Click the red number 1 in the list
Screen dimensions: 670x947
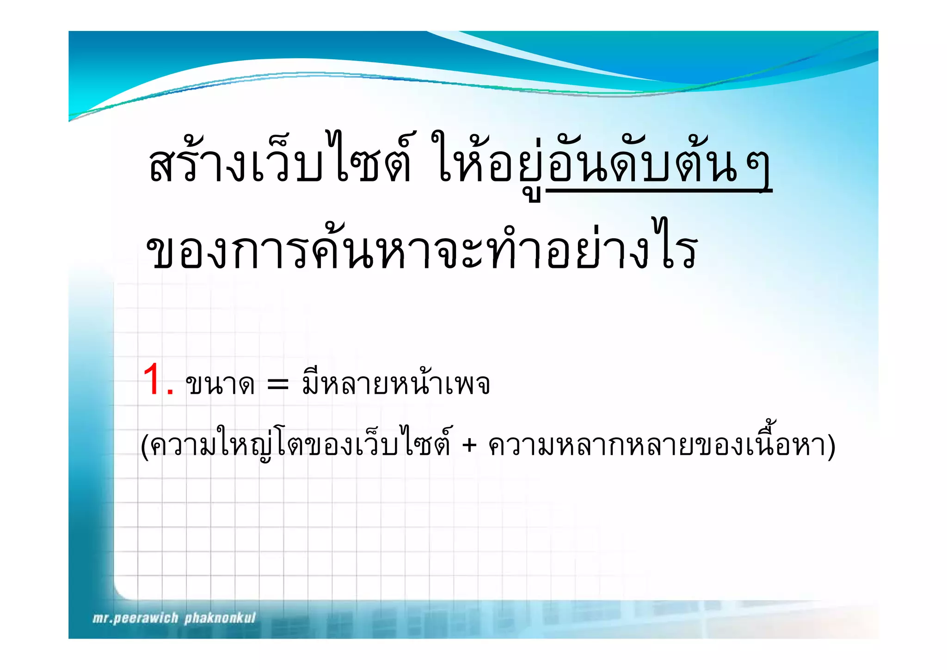154,380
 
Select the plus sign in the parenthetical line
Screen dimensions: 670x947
469,445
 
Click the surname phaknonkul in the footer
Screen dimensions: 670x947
220,618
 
